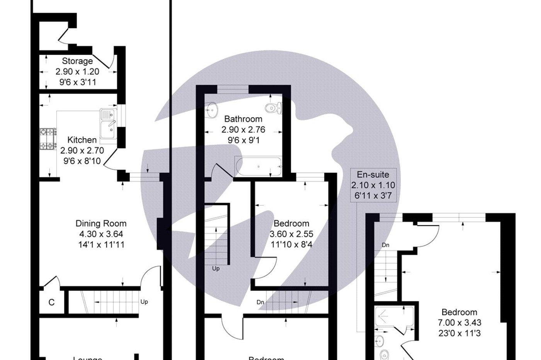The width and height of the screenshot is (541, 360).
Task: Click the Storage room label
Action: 77,61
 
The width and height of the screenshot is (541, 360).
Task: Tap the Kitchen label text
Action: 82,140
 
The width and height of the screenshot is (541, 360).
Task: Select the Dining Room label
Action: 101,223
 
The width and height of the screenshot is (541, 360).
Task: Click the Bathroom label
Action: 243,119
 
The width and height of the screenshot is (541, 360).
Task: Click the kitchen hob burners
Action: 48,139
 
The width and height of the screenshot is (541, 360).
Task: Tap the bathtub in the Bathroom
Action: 258,166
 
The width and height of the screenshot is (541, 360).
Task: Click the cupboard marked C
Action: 51,302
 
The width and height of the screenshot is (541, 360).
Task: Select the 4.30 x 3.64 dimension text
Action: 101,234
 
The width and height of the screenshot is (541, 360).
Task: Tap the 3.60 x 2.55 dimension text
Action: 291,234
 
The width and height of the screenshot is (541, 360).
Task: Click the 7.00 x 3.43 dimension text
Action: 459,323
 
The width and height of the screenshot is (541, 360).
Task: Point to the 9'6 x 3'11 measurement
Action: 77,82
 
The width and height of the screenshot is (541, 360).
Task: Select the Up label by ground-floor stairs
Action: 144,302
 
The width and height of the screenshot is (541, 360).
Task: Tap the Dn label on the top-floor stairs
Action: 385,245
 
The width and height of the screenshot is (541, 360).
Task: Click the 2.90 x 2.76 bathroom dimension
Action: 243,130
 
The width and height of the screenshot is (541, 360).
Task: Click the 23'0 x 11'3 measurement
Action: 459,333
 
